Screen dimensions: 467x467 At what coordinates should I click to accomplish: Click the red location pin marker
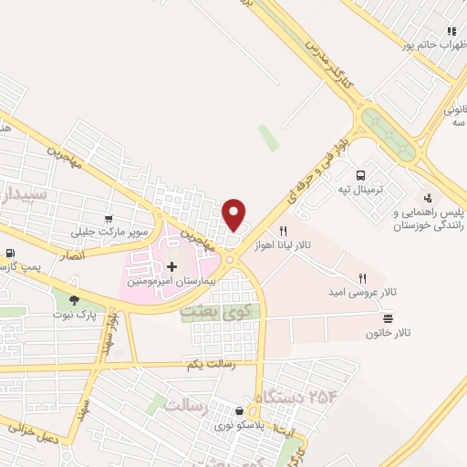pos(234,213)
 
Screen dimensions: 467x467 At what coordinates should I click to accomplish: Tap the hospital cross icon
pos(171,265)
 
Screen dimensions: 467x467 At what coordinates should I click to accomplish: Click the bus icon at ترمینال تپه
pos(360,175)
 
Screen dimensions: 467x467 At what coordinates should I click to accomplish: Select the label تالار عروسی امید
pos(362,294)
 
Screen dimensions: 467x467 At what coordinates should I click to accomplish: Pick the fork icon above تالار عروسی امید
pos(362,277)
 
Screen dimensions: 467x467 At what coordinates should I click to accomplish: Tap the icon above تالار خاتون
pos(389,318)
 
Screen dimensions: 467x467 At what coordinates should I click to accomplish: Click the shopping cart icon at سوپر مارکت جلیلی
pos(109,219)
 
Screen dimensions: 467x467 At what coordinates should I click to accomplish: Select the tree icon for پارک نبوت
pos(74,299)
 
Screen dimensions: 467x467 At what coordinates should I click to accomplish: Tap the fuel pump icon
pos(10,254)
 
